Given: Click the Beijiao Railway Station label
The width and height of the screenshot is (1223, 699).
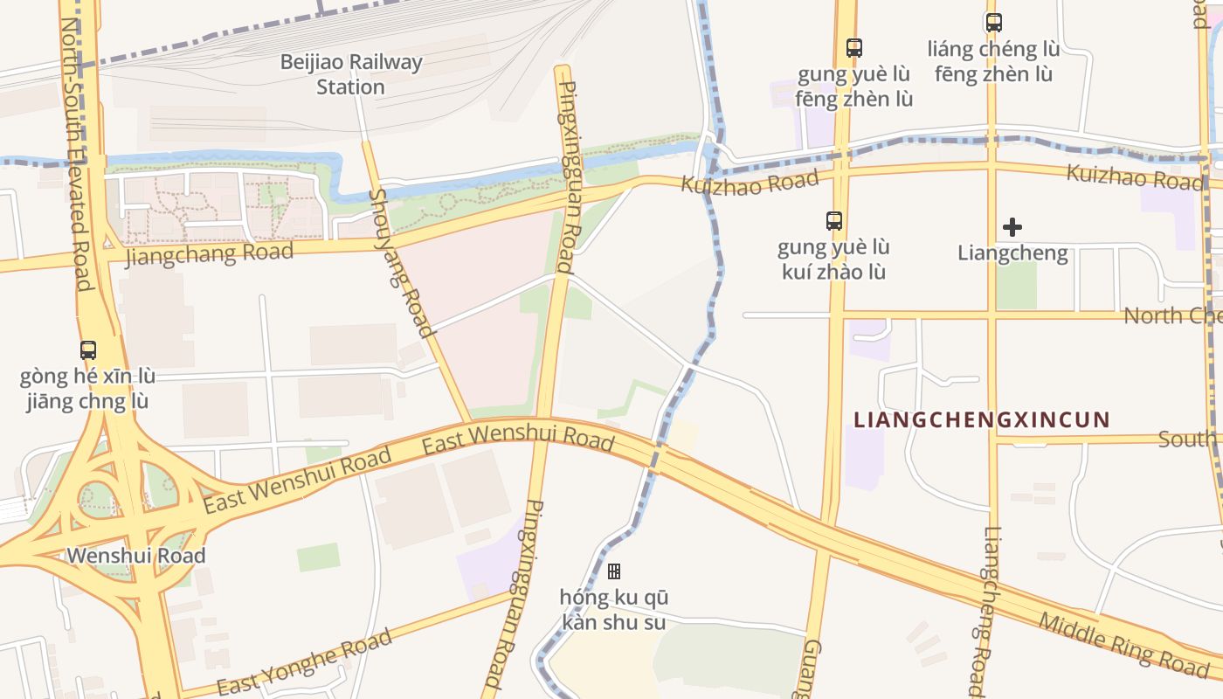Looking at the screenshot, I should (350, 74).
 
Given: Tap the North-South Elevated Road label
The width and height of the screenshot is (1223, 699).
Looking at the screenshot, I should (76, 153).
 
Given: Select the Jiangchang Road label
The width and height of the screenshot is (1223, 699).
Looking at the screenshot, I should (210, 254).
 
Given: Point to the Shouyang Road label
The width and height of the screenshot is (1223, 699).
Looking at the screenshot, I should (402, 262).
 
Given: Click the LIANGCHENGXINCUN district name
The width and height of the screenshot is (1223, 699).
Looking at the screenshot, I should (981, 420).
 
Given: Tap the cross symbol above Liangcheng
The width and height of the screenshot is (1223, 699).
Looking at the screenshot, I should (1012, 227).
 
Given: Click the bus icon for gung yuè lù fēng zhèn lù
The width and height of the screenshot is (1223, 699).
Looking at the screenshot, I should (854, 48).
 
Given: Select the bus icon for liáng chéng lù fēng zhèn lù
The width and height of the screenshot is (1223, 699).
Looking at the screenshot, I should (994, 23).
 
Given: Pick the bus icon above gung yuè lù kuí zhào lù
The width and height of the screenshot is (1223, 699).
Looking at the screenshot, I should (834, 221).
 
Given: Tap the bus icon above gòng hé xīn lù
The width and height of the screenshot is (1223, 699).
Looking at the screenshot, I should (88, 350).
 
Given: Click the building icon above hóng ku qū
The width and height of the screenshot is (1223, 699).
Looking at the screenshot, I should (614, 571).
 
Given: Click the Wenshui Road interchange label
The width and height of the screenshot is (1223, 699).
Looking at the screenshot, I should (136, 556).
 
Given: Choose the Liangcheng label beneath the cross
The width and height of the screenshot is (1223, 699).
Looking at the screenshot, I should (1012, 253).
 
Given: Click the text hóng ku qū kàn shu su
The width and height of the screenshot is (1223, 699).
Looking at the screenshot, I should (614, 610).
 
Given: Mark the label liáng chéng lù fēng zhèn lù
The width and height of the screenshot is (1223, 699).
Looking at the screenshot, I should (994, 61).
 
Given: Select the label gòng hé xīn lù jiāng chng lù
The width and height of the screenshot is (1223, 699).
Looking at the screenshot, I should (87, 389).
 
